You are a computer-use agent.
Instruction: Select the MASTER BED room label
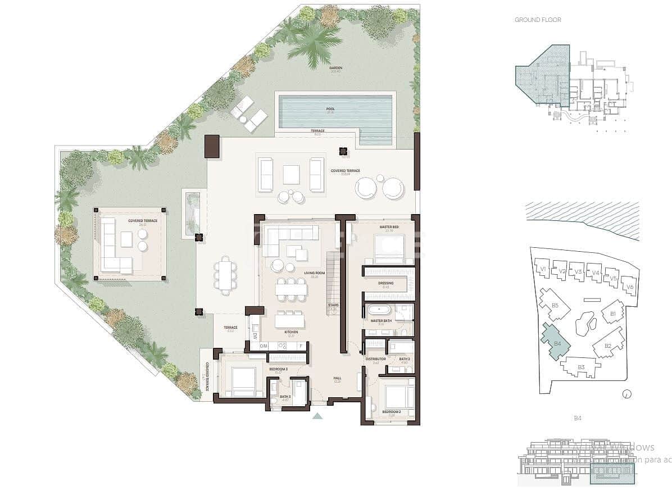[x=389, y=227]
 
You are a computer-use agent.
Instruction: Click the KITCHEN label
[x=291, y=333]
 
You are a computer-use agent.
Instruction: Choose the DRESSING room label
[x=385, y=283]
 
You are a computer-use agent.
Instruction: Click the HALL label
[x=337, y=378]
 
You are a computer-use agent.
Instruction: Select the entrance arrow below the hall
[x=317, y=416]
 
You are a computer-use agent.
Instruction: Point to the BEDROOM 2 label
[x=391, y=412]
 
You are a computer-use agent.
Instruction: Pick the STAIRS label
[x=333, y=306]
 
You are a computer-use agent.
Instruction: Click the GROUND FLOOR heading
[x=538, y=20]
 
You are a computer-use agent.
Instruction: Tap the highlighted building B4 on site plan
[x=556, y=342]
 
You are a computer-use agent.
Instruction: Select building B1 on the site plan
[x=612, y=312]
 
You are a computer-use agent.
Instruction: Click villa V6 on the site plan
[x=630, y=287]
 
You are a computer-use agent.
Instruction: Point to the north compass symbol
[x=627, y=394]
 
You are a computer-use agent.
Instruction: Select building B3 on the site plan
[x=581, y=368]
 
